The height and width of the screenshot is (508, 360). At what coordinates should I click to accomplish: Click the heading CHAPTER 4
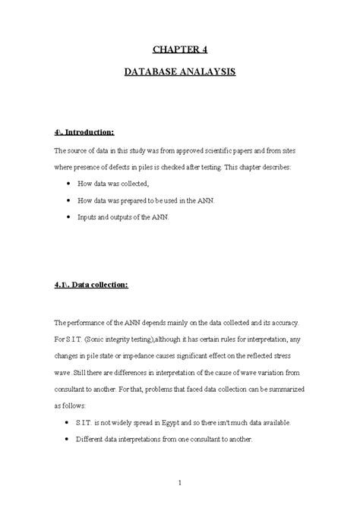(x=179, y=50)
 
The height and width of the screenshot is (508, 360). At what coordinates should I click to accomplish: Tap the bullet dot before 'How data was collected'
(x=69, y=184)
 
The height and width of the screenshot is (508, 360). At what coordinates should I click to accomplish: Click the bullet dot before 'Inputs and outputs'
(x=69, y=216)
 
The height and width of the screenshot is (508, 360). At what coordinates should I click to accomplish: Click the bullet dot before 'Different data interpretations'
(x=69, y=439)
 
